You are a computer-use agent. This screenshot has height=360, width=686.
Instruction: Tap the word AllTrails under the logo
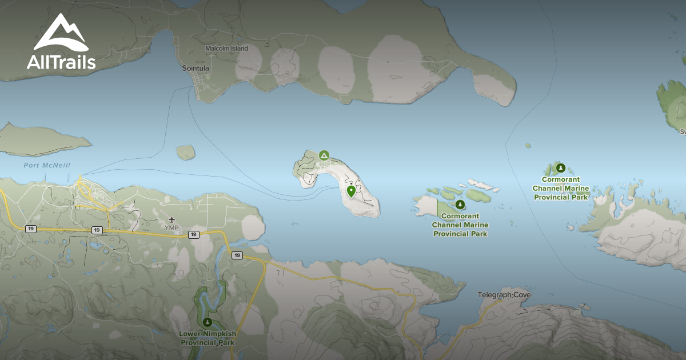pyautogui.click(x=61, y=62)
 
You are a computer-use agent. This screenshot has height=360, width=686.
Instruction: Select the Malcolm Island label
pyautogui.click(x=227, y=49)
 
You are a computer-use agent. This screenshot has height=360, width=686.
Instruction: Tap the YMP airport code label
pyautogui.click(x=171, y=228)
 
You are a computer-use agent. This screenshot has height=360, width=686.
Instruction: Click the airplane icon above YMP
pyautogui.click(x=171, y=220)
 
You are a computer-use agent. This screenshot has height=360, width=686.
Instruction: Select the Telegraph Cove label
pyautogui.click(x=504, y=295)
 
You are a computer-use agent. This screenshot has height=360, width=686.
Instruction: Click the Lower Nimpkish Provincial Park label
pyautogui.click(x=208, y=338)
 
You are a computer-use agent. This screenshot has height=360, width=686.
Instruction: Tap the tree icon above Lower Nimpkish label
pyautogui.click(x=208, y=322)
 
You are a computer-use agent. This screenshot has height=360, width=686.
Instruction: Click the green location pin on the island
pyautogui.click(x=351, y=191)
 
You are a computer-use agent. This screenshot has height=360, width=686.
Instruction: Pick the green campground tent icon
pyautogui.click(x=324, y=155)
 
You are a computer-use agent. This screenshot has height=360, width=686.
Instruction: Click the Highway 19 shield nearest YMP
pyautogui.click(x=194, y=234)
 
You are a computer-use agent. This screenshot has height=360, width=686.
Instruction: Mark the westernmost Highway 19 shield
pyautogui.click(x=30, y=229)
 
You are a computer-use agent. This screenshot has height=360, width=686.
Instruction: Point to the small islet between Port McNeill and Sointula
pyautogui.click(x=185, y=152)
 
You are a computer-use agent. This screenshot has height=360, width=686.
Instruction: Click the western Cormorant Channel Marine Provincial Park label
pyautogui.click(x=460, y=225)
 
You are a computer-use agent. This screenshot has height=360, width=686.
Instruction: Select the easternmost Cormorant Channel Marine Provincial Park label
pyautogui.click(x=561, y=188)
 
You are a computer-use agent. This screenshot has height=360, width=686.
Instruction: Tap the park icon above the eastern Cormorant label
pyautogui.click(x=561, y=167)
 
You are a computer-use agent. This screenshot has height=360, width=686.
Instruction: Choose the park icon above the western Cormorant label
pyautogui.click(x=460, y=205)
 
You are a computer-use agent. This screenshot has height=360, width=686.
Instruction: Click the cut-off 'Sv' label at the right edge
pyautogui.click(x=682, y=131)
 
